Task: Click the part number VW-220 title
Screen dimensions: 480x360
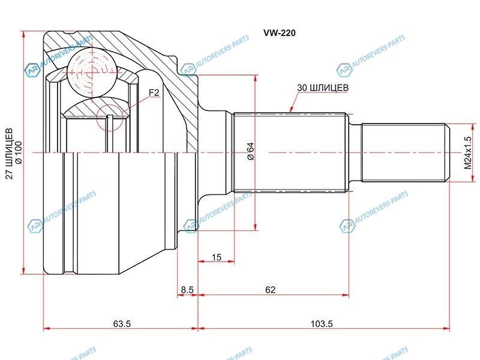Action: click(x=280, y=33)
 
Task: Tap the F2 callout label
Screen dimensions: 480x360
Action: click(x=154, y=92)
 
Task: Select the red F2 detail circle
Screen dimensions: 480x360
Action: click(x=110, y=118)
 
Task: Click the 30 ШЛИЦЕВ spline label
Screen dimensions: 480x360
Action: click(x=323, y=88)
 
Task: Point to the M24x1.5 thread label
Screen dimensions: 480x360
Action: click(x=468, y=152)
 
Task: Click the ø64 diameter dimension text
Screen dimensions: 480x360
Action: click(x=250, y=151)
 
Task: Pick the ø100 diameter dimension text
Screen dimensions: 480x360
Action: click(x=19, y=152)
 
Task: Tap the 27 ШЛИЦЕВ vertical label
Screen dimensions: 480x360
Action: click(x=10, y=154)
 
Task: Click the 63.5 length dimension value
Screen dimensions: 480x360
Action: click(x=122, y=323)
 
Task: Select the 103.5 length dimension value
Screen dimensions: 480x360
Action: click(x=322, y=323)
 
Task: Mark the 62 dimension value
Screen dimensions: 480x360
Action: click(x=271, y=290)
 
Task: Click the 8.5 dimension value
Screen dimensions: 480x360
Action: click(x=187, y=290)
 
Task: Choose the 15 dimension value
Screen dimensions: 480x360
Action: click(x=217, y=257)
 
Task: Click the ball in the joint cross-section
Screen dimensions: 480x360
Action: click(x=92, y=73)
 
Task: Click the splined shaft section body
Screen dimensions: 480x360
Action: click(x=290, y=152)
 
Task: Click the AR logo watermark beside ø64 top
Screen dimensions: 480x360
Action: click(x=188, y=70)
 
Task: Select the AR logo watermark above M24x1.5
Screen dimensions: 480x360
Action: click(x=344, y=70)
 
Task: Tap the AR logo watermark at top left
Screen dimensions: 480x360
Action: click(x=32, y=70)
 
